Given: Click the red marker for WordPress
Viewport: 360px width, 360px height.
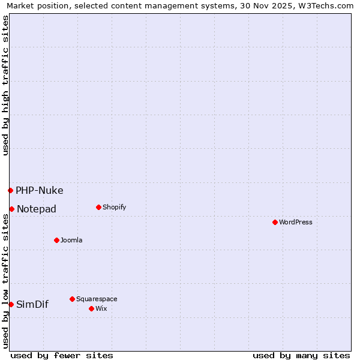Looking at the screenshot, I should pos(275,222).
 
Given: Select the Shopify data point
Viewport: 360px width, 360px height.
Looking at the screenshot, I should pos(98,207).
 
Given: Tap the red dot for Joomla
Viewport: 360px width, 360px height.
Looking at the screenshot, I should pos(56,240).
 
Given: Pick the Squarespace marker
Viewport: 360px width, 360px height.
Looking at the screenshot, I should pos(72,299).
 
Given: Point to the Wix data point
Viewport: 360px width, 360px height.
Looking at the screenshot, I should pos(91,308).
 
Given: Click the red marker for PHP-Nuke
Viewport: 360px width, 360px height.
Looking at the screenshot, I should pos(10,190).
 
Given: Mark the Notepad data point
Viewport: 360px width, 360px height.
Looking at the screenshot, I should pos(11,209).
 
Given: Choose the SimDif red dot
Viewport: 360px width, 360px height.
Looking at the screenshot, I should pos(11,304).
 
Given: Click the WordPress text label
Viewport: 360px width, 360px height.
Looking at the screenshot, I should pos(296,222).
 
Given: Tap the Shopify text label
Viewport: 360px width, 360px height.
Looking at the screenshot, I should pos(114,207).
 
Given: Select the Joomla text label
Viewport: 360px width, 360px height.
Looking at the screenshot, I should pos(71,240).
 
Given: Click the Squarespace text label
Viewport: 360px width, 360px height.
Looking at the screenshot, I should pos(97,299).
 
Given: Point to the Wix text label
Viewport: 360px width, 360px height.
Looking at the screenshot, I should pos(101,308).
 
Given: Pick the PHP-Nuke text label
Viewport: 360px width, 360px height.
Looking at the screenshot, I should pos(39,191).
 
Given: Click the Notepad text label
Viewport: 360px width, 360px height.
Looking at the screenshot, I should pos(37,209).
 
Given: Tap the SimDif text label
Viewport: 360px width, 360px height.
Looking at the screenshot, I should pos(32,304).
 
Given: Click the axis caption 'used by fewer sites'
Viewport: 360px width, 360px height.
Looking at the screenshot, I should pos(62,355).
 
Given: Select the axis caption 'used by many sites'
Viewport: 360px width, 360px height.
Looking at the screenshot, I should pos(301,355).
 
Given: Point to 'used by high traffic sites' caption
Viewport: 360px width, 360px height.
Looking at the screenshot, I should pos(6,85).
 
